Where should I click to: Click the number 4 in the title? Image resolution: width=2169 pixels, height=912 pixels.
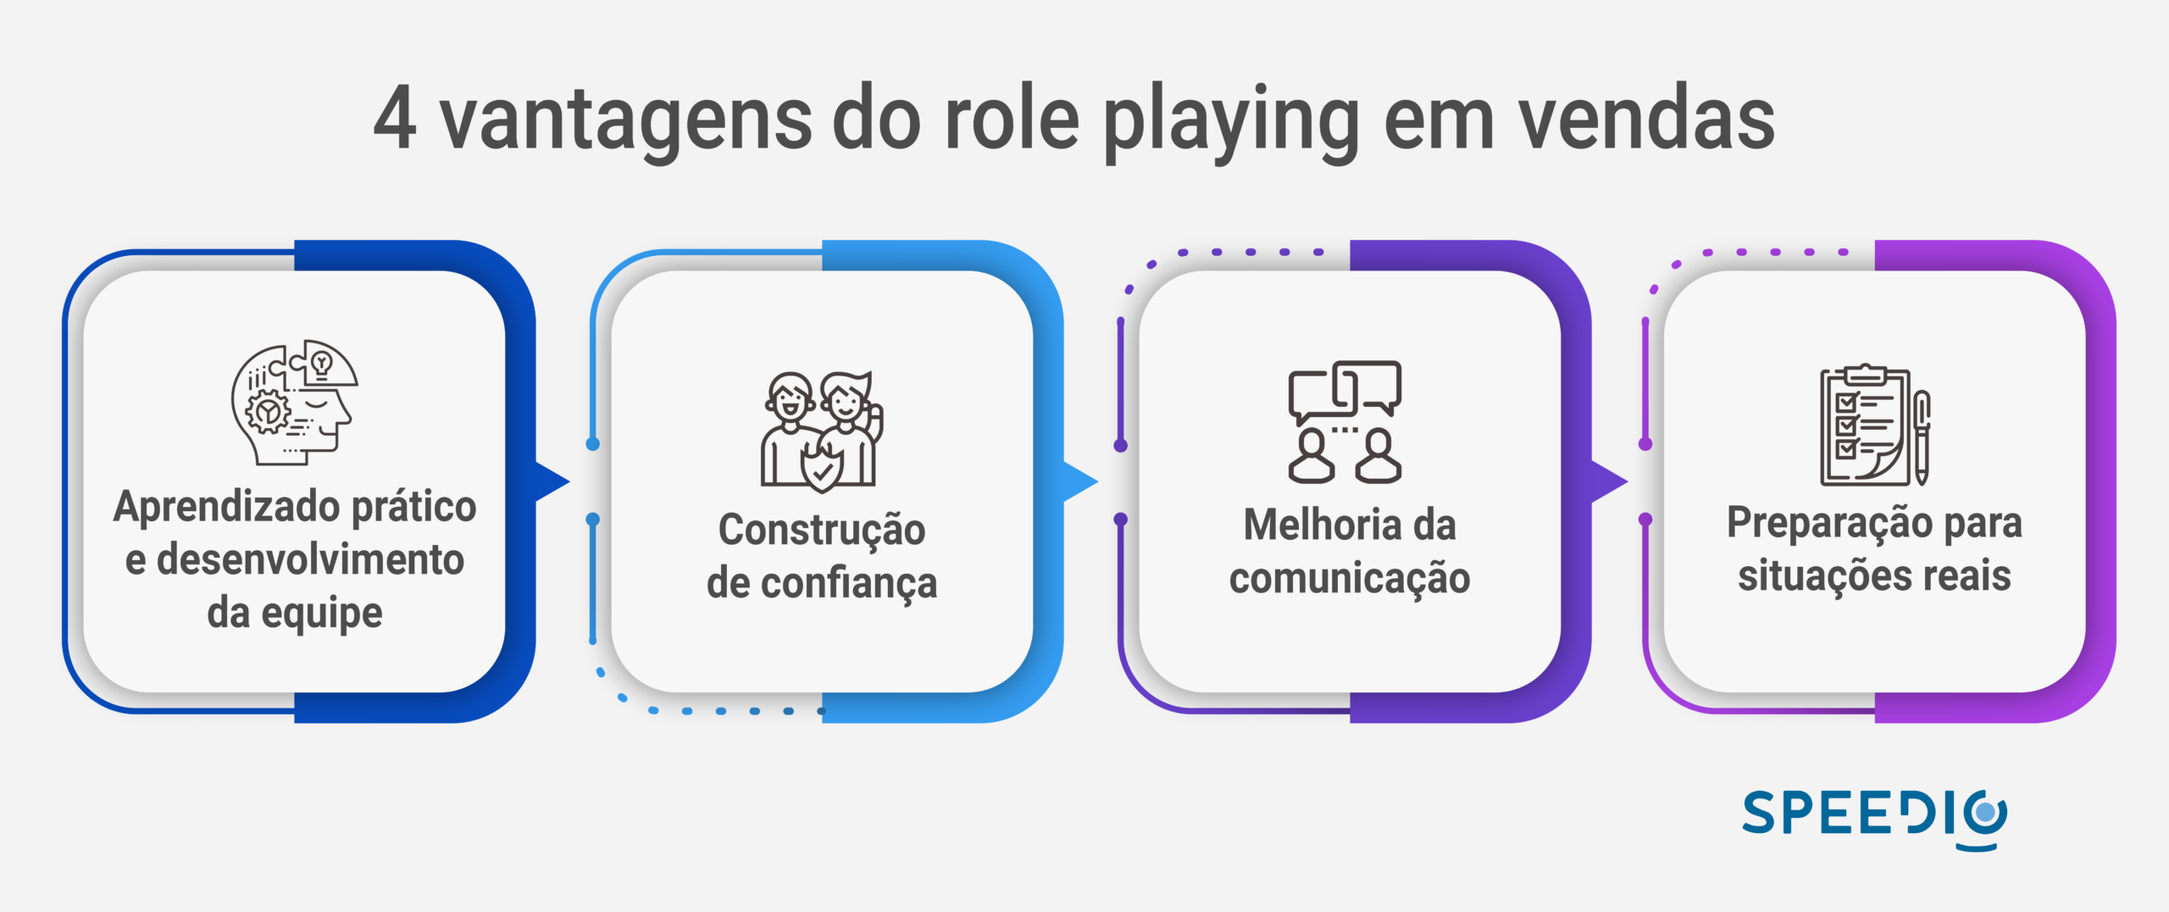tap(395, 120)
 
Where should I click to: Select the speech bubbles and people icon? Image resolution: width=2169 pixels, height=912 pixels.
tap(1345, 421)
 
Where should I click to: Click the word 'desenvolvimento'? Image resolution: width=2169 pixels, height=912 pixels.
tap(310, 560)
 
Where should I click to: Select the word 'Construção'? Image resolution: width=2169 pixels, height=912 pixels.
tap(822, 531)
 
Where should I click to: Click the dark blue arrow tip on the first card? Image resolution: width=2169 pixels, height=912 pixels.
tap(555, 481)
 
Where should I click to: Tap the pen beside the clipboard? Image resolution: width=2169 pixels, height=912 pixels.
tap(1922, 437)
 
